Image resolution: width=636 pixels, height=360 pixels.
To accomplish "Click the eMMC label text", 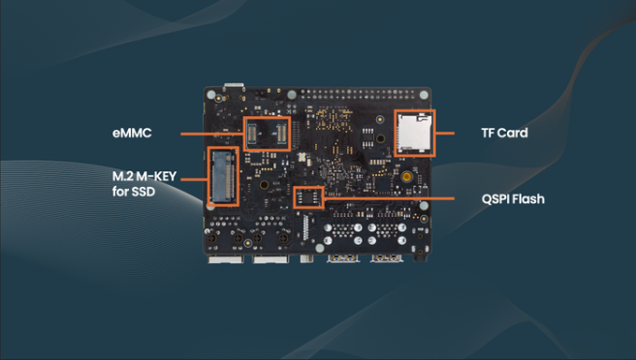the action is (x=132, y=133).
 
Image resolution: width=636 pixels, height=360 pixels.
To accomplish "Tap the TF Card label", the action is (x=504, y=133).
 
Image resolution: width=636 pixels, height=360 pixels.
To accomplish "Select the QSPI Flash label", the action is (x=513, y=199).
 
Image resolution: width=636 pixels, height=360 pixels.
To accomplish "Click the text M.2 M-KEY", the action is (x=144, y=176).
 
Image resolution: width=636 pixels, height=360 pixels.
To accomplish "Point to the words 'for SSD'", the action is (x=134, y=192).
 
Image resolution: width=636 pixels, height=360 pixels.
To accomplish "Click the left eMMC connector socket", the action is (x=252, y=135).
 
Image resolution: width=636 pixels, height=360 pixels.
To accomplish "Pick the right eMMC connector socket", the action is (x=282, y=134).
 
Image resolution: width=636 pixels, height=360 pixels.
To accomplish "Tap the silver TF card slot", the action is (x=413, y=134).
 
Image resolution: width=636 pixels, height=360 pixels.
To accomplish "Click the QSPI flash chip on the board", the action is (x=309, y=197).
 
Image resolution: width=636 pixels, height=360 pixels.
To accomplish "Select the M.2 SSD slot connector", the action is (x=224, y=176).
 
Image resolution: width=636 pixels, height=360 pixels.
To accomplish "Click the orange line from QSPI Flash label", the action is (x=389, y=198).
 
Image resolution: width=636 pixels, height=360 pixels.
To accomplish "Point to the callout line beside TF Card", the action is (x=444, y=133).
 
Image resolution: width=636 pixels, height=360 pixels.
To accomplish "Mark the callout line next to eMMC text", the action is (x=212, y=134).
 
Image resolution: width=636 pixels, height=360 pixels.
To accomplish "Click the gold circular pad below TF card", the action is (x=407, y=177).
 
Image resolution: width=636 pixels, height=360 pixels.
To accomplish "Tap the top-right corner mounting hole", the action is (x=424, y=94).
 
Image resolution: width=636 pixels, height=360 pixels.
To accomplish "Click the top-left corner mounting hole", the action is (x=211, y=94).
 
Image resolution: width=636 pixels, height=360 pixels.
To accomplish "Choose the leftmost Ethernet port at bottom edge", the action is (x=226, y=259).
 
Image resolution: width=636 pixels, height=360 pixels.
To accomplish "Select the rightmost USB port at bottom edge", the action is (x=386, y=258).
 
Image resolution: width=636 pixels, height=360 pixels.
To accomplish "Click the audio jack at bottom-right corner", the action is (x=420, y=256).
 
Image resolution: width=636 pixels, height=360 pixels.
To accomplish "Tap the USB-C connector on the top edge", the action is (x=234, y=86).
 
